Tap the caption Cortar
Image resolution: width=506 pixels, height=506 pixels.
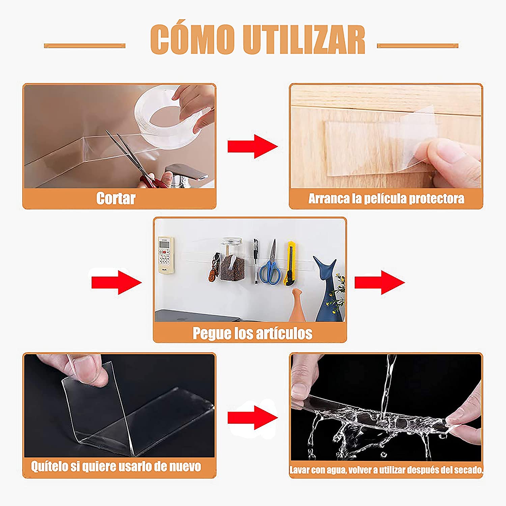pyautogui.click(x=116, y=198)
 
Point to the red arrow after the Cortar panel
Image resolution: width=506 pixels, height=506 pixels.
pyautogui.click(x=253, y=146)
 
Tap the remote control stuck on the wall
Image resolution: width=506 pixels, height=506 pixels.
pyautogui.click(x=166, y=255)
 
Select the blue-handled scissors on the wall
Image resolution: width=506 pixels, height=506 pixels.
pyautogui.click(x=270, y=263)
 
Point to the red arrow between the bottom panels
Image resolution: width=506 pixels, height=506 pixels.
pyautogui.click(x=253, y=418)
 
